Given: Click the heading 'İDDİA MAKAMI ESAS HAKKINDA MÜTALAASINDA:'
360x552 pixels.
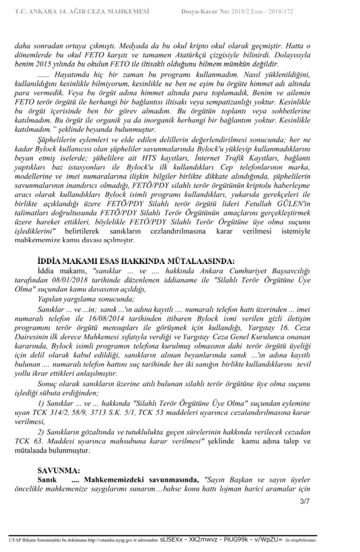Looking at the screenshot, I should coord(136,261).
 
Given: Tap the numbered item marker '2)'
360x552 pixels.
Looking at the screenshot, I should coord(41,432).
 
